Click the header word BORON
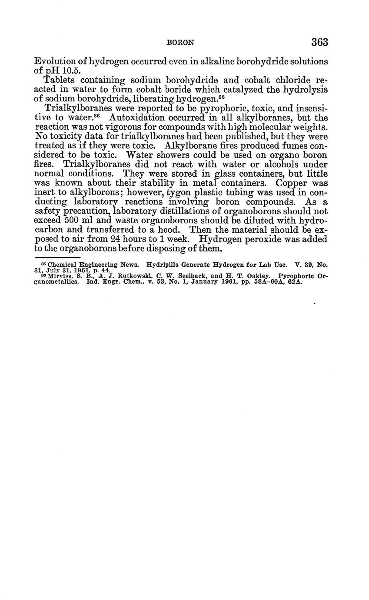(180, 43)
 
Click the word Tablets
(60, 80)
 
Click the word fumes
(294, 145)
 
